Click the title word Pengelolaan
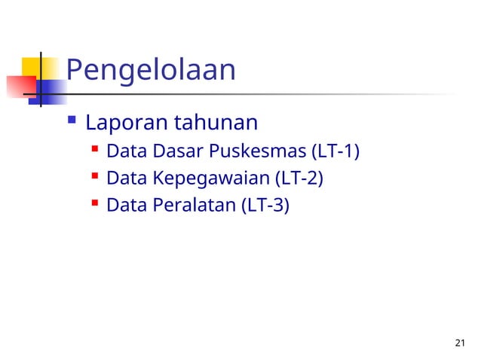pyautogui.click(x=151, y=71)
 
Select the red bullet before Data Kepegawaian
pyautogui.click(x=95, y=178)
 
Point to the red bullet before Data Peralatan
pyautogui.click(x=95, y=203)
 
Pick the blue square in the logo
pyautogui.click(x=49, y=90)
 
